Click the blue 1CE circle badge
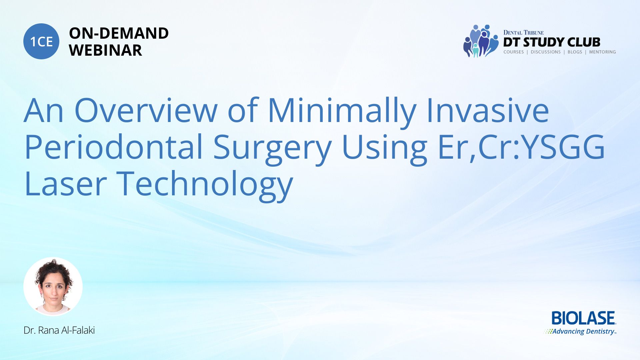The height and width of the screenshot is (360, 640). pyautogui.click(x=41, y=41)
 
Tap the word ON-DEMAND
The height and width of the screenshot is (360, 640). pyautogui.click(x=119, y=33)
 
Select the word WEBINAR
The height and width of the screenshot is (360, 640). pyautogui.click(x=105, y=50)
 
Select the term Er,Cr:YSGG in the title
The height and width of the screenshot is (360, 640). pyautogui.click(x=521, y=147)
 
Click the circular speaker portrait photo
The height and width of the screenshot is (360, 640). pyautogui.click(x=53, y=287)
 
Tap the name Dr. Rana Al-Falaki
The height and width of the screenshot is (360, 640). pyautogui.click(x=59, y=330)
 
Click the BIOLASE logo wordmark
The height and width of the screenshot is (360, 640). pyautogui.click(x=583, y=318)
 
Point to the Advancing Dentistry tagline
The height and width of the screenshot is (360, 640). pyautogui.click(x=580, y=331)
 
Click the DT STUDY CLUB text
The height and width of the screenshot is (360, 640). pyautogui.click(x=552, y=42)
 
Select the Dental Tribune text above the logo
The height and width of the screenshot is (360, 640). pyautogui.click(x=523, y=33)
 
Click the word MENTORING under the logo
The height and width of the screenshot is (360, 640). pyautogui.click(x=602, y=52)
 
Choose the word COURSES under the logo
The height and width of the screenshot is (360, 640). pyautogui.click(x=513, y=52)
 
